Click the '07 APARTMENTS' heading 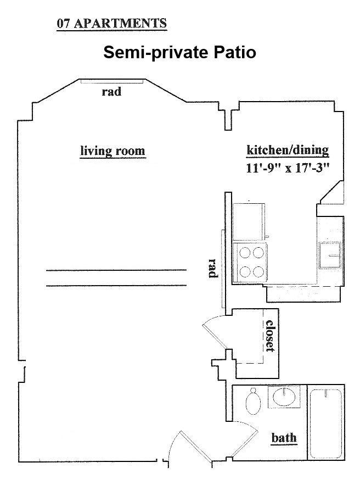point(111,24)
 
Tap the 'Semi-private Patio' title point(179,52)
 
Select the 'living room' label point(113,151)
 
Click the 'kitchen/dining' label point(288,150)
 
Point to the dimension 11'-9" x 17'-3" point(288,168)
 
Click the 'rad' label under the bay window point(111,91)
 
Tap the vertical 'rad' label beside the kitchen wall point(212,268)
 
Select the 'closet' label point(270,336)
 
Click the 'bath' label point(284,438)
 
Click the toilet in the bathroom point(253,401)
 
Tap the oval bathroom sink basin point(284,397)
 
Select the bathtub point(325,424)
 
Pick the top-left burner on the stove point(245,253)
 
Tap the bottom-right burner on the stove point(258,271)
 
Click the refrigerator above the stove point(249,221)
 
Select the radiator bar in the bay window point(111,81)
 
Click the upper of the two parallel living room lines point(116,270)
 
